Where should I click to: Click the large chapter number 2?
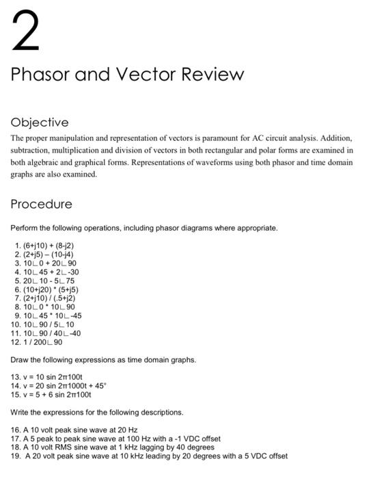coord(26,32)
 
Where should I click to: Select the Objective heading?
coord(40,122)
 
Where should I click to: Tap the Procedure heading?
coord(42,204)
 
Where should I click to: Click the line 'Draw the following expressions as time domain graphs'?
coord(103,359)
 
